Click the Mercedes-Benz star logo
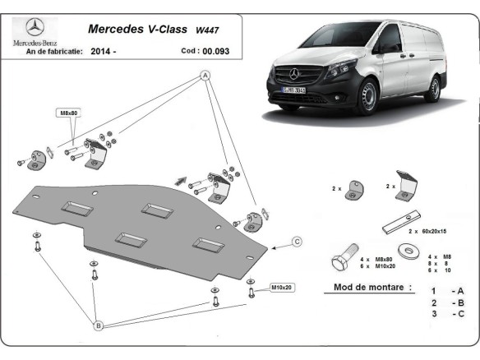(x=33, y=27)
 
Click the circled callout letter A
(x=205, y=76)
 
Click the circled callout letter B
(x=98, y=326)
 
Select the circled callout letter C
(x=298, y=241)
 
